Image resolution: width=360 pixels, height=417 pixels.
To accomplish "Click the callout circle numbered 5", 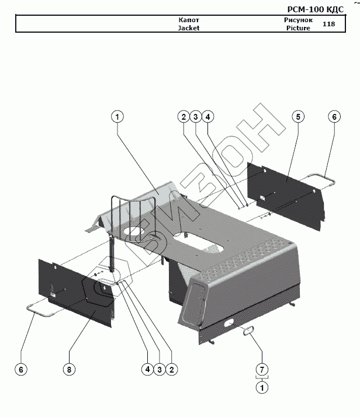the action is [298, 117].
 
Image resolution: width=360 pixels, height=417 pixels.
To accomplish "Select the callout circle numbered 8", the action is [69, 369].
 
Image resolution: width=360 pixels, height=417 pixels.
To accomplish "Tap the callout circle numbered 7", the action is [262, 369].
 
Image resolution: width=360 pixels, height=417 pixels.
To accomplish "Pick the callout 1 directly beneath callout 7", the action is [262, 387].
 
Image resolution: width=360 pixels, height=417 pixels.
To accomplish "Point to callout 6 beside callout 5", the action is [334, 117].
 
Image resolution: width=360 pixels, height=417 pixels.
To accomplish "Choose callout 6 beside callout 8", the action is [21, 369].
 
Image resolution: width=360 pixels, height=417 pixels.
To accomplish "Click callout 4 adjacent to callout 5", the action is [208, 117].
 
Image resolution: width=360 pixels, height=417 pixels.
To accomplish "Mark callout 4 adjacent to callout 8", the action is [147, 369].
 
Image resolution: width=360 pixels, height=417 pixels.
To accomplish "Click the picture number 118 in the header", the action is [328, 24].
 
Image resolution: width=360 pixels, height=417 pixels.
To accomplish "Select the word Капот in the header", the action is [189, 20].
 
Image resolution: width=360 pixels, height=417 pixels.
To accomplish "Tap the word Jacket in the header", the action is [189, 28].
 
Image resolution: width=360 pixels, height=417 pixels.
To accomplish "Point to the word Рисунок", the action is [298, 20].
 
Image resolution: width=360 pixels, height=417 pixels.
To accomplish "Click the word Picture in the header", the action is [298, 28].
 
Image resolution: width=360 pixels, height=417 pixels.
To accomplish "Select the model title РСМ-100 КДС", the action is [316, 9].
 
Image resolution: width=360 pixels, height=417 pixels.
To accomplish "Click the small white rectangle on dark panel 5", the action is [262, 197].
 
